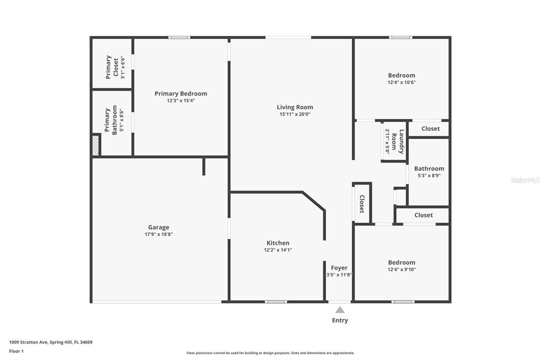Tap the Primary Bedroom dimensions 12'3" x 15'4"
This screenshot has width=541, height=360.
coord(181,101)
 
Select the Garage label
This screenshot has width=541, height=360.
coord(158,228)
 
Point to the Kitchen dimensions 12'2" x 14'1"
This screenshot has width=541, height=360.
coord(278,250)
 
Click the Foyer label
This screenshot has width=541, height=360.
coord(339,268)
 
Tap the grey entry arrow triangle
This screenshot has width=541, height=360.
coord(340,310)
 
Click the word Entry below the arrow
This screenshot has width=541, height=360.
coord(340,320)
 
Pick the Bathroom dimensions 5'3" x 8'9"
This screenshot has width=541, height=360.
coord(429,176)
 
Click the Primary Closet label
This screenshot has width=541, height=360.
coord(112,67)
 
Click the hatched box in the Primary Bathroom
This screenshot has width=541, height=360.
coord(96,145)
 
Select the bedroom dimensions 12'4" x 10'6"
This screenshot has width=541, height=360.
coord(402,82)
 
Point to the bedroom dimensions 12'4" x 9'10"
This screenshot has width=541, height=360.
coord(402,269)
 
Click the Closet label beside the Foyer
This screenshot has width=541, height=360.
coord(362,204)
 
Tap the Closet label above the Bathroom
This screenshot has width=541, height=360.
coord(431,129)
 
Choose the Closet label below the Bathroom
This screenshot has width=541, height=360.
coord(424,215)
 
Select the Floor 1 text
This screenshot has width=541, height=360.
coord(16,350)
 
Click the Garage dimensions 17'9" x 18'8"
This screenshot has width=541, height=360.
coord(158,234)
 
